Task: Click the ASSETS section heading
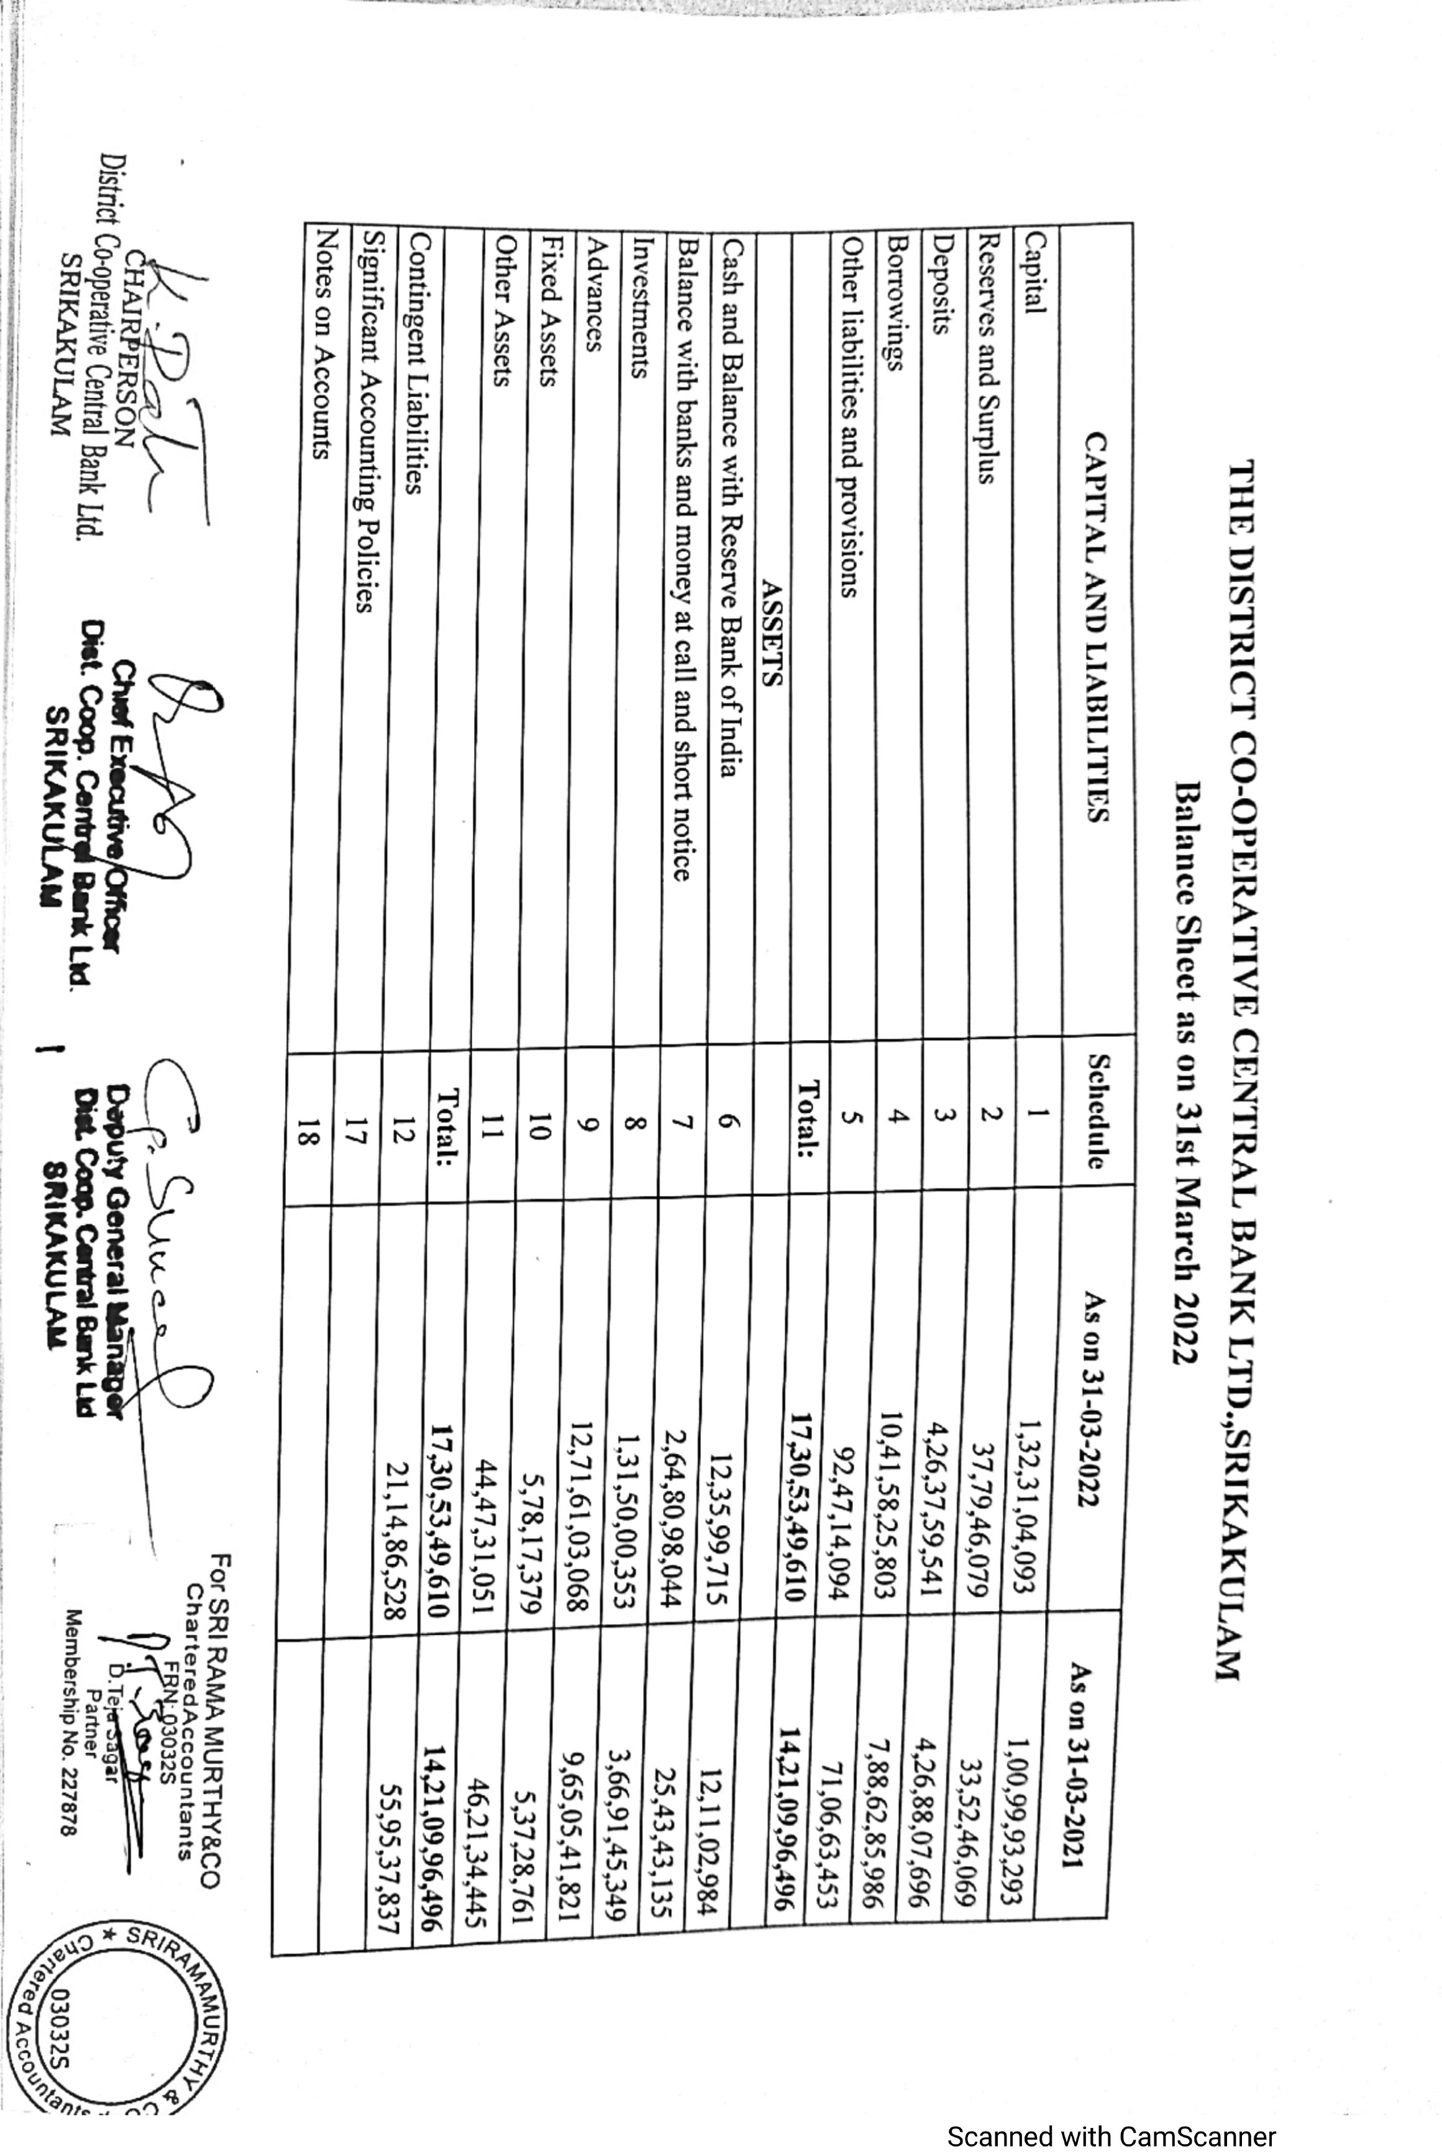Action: pos(772,634)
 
